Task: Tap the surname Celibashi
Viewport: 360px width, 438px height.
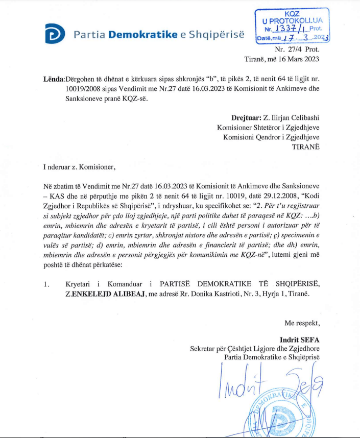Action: pyautogui.click(x=301, y=118)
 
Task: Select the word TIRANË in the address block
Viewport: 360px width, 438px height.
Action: pyautogui.click(x=305, y=147)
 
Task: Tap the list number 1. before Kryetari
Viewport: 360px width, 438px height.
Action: pyautogui.click(x=46, y=284)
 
